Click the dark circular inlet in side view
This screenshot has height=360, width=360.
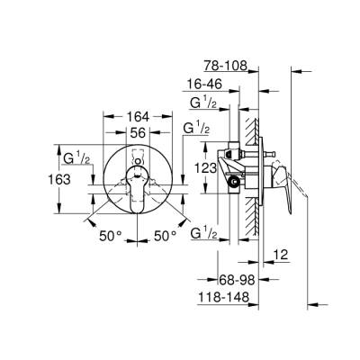(236, 182)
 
